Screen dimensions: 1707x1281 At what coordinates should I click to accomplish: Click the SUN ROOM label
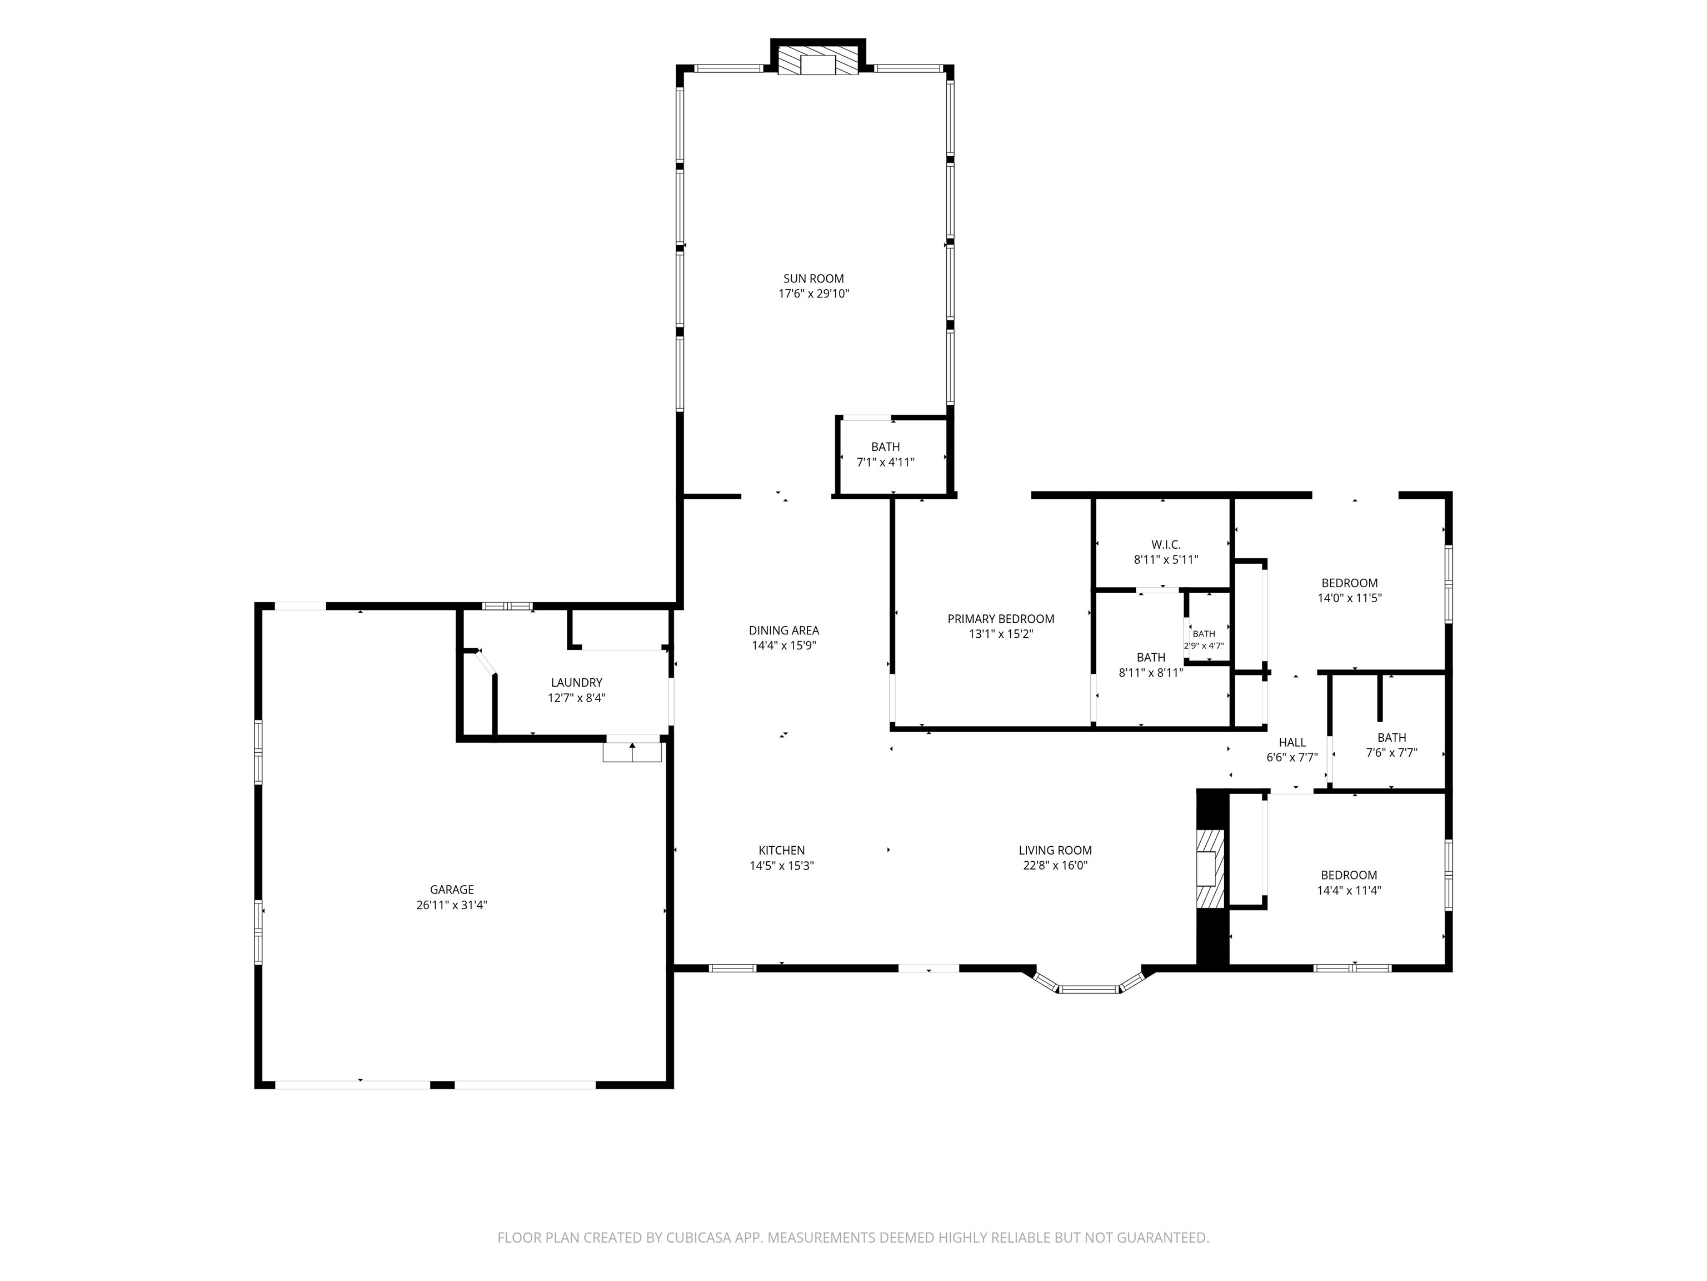point(813,279)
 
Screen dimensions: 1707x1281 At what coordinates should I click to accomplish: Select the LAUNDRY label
point(576,683)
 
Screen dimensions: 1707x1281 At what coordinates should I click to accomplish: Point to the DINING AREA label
point(783,630)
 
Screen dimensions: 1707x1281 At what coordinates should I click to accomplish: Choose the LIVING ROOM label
point(1055,850)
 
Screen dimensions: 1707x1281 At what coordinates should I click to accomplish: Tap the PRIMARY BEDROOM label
point(1001,618)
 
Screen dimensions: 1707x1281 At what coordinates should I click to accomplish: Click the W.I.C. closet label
point(1165,544)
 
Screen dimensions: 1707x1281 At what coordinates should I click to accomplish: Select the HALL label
point(1292,742)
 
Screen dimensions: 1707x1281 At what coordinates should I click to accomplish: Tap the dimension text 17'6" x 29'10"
point(813,294)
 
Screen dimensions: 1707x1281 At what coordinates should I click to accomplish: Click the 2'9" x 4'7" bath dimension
point(1204,646)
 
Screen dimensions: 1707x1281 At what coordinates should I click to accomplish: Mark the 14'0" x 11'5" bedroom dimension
point(1349,598)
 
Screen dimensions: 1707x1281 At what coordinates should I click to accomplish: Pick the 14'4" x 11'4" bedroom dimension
point(1349,890)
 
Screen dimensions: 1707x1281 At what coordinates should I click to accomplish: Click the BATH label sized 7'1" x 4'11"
point(885,446)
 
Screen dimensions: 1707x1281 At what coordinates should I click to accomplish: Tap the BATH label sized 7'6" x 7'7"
point(1391,737)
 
